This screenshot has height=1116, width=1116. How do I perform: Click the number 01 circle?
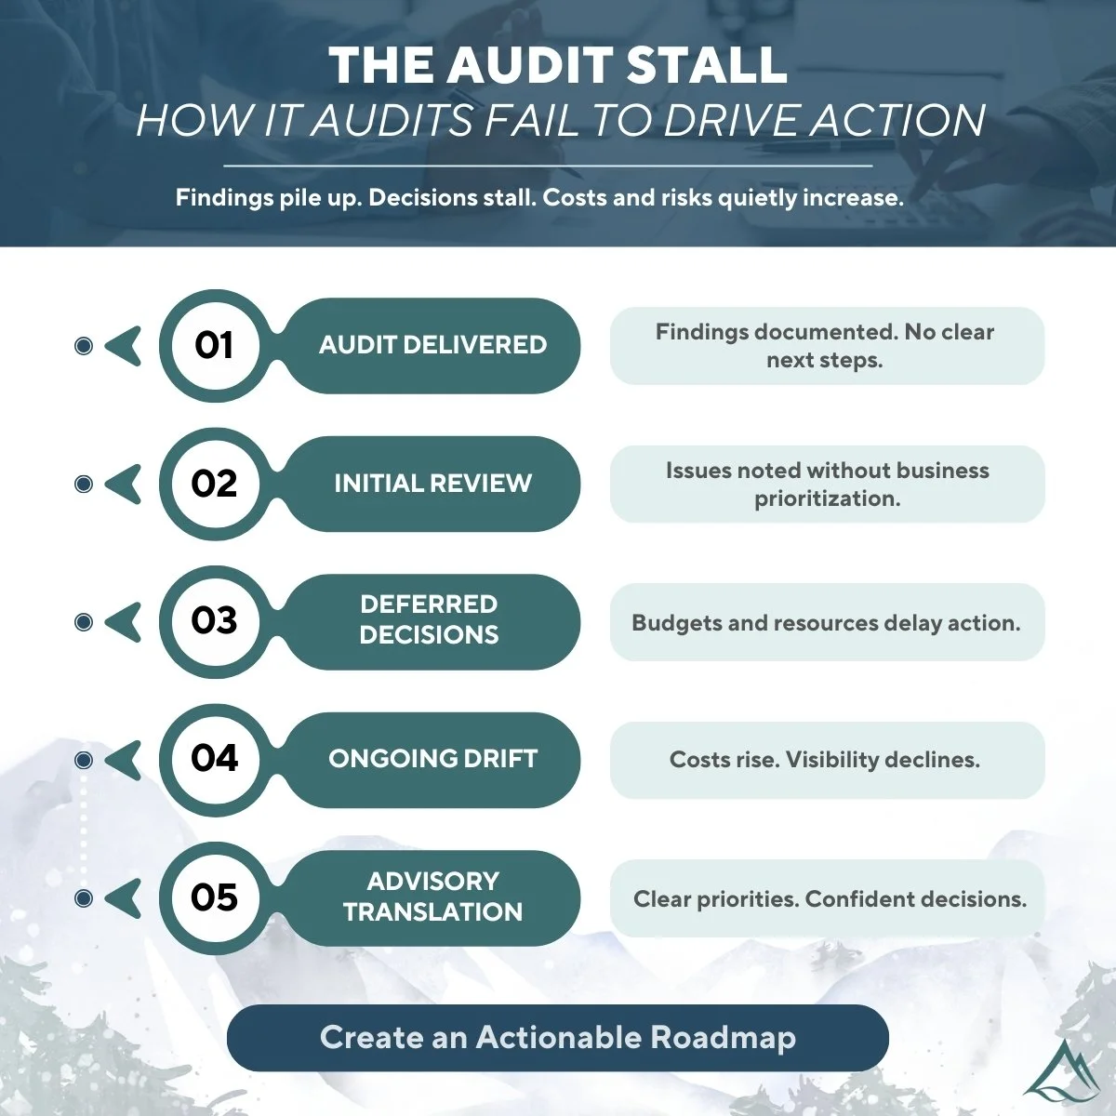tap(214, 345)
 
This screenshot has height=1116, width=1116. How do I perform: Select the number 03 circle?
tap(214, 621)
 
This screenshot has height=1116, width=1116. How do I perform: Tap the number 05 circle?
tap(214, 897)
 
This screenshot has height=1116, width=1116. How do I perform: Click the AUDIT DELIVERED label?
tap(432, 345)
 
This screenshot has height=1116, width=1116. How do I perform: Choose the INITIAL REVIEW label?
tap(432, 484)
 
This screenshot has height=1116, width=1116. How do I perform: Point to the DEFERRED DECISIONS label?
tap(429, 619)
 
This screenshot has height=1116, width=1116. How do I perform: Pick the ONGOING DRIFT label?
tap(432, 759)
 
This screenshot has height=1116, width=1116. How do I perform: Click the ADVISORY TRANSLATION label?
tap(432, 897)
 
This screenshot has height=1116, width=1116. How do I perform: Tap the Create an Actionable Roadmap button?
tap(558, 1038)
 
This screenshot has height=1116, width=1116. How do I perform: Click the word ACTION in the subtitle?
tap(897, 121)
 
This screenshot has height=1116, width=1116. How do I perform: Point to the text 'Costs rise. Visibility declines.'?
tap(825, 760)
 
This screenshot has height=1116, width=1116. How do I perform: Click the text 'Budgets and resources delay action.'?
tap(826, 623)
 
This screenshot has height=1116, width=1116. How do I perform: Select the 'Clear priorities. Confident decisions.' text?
tap(830, 899)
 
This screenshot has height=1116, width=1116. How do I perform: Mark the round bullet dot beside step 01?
tap(84, 347)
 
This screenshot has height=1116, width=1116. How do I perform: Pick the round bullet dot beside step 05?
tap(84, 898)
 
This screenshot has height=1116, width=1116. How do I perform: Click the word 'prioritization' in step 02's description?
tap(827, 498)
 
